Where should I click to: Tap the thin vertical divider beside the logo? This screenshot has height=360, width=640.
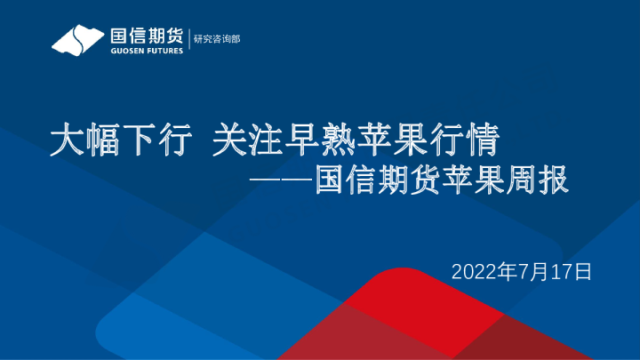(x=188, y=41)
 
